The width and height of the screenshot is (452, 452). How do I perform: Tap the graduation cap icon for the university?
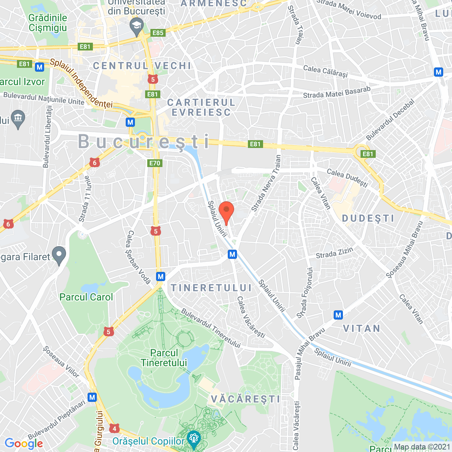pyautogui.click(x=136, y=26)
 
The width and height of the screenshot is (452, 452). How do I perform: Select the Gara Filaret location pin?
pyautogui.click(x=59, y=255)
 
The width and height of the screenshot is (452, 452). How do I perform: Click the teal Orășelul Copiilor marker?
pyautogui.click(x=194, y=439)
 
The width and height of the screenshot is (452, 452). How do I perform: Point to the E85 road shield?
pyautogui.click(x=158, y=33)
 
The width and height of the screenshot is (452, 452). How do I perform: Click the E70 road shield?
pyautogui.click(x=155, y=163)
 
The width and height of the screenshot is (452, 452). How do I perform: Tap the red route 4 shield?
pyautogui.click(x=114, y=428)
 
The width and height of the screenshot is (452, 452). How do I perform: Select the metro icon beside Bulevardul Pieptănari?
pyautogui.click(x=92, y=397)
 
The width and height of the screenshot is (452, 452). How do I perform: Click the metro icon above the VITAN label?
pyautogui.click(x=338, y=315)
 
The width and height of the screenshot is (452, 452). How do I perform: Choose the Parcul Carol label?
pyautogui.click(x=86, y=297)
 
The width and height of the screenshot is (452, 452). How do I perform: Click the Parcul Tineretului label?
pyautogui.click(x=164, y=358)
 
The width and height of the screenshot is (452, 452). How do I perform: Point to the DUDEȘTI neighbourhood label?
pyautogui.click(x=368, y=218)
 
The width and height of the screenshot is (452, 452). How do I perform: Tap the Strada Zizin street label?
pyautogui.click(x=334, y=253)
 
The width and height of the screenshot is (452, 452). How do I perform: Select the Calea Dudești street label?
pyautogui.click(x=347, y=177)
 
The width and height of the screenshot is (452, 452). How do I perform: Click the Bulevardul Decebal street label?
pyautogui.click(x=390, y=120)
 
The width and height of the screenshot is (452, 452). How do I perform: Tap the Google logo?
pyautogui.click(x=24, y=444)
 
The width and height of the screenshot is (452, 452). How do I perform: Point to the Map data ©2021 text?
pyautogui.click(x=422, y=447)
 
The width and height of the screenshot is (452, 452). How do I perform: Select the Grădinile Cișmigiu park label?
pyautogui.click(x=48, y=23)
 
